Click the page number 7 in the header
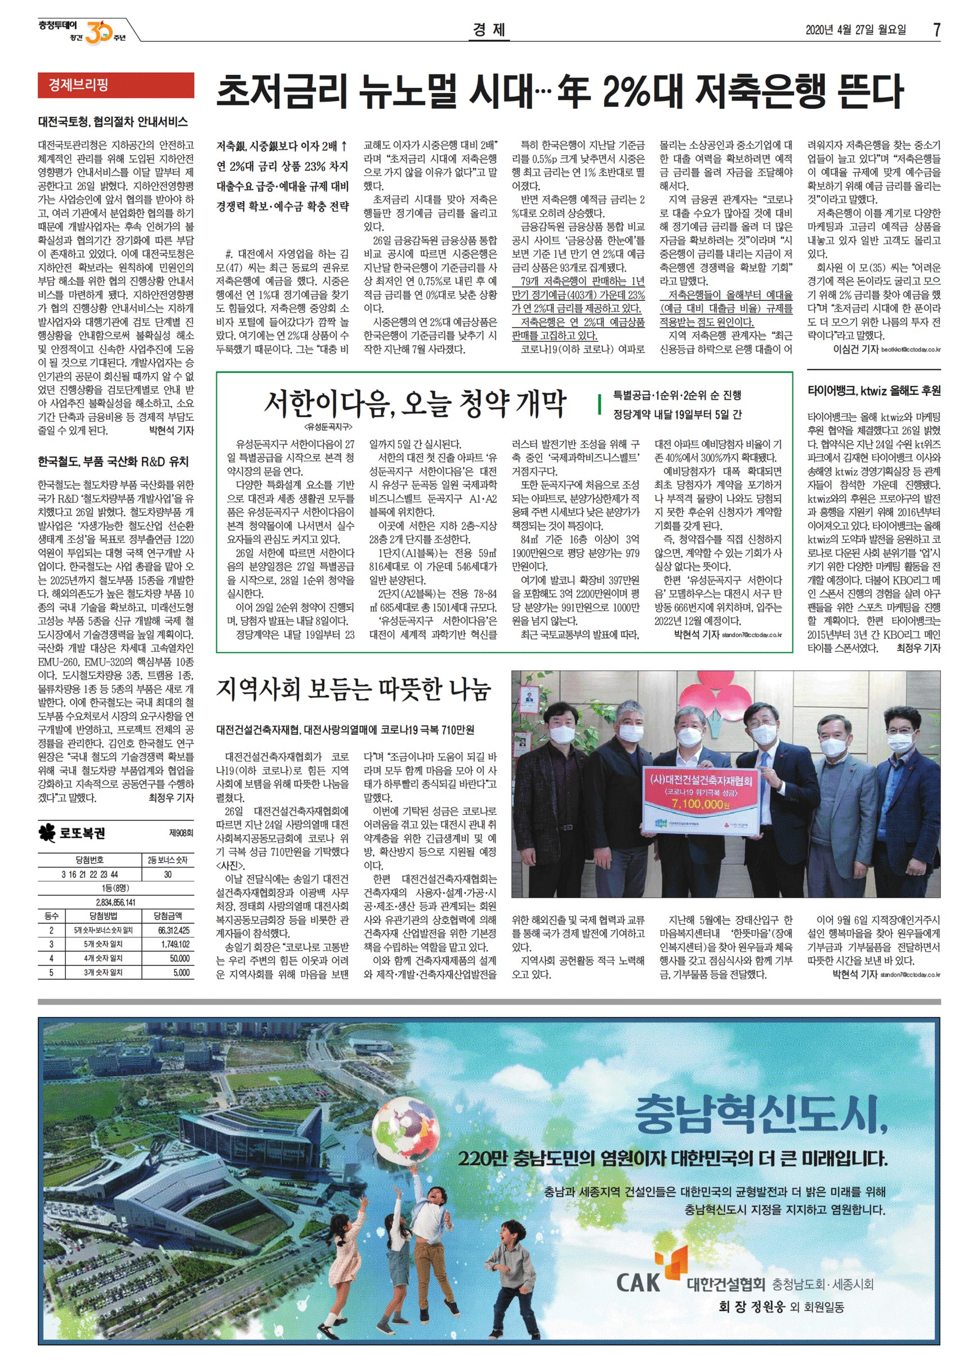pos(936,30)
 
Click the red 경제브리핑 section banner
pos(116,85)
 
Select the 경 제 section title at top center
pos(489,29)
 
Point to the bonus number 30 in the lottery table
pos(167,874)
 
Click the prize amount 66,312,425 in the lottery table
pos(173,930)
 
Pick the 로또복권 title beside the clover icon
pos(83,833)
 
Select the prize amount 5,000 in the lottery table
pos(181,972)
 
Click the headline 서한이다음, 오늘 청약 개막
pos(414,404)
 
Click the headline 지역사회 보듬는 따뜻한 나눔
pos(353,690)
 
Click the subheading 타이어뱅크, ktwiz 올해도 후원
pos(874,391)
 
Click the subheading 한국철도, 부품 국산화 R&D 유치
pos(113,462)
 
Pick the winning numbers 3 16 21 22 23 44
pos(90,874)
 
